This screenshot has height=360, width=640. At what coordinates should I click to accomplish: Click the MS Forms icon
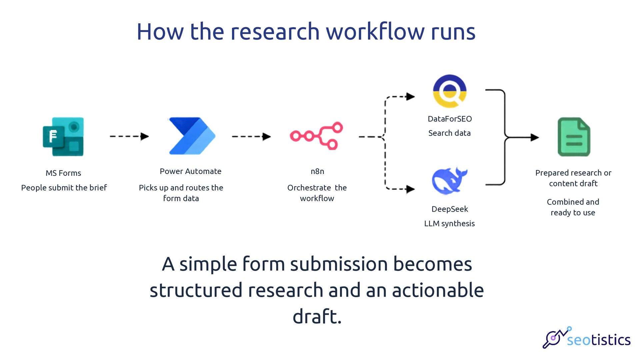click(63, 136)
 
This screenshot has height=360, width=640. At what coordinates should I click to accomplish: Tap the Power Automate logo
click(192, 136)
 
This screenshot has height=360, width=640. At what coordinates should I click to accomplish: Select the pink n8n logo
click(316, 136)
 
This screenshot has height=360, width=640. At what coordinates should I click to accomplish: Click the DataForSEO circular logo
click(449, 91)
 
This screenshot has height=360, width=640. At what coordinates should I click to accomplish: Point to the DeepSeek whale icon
click(449, 181)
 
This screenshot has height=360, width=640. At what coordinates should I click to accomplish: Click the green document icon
click(574, 137)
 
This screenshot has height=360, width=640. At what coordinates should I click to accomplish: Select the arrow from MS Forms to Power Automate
click(129, 136)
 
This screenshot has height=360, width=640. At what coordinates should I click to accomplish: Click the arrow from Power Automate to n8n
click(251, 136)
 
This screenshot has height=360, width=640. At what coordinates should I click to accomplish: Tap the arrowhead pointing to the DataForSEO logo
click(410, 97)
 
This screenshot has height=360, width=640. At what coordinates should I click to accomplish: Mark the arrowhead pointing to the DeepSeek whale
click(410, 189)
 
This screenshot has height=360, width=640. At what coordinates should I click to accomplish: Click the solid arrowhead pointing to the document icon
click(535, 137)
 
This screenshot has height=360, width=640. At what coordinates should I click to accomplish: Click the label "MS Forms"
click(63, 173)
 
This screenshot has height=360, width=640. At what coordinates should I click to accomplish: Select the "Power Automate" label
click(191, 171)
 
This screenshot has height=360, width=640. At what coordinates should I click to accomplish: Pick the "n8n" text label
click(317, 171)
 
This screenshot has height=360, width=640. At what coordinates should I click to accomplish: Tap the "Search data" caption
click(449, 133)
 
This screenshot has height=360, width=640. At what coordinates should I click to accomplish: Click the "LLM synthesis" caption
click(449, 223)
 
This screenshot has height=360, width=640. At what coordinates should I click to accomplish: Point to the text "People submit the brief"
click(64, 188)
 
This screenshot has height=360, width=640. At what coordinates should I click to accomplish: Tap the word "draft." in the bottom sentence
click(317, 316)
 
